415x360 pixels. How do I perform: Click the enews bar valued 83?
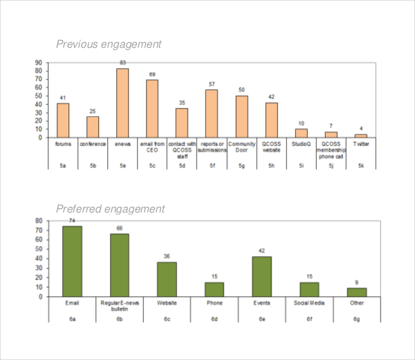[x=122, y=102]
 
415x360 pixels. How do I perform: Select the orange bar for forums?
[x=63, y=120]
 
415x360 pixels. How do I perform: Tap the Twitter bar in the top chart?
[x=361, y=136]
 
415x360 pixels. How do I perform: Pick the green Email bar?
[x=73, y=261]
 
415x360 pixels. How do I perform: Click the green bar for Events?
[x=261, y=276]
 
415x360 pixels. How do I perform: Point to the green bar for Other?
[x=356, y=292]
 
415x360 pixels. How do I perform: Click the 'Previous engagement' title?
[x=108, y=44]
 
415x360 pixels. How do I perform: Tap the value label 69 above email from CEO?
[x=152, y=75]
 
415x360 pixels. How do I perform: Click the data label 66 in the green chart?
[x=120, y=228]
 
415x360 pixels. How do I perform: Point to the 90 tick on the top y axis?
[x=39, y=62]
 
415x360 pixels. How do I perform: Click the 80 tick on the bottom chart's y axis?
[x=39, y=221]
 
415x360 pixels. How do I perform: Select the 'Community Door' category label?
[x=242, y=147]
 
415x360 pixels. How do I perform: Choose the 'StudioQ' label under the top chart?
[x=302, y=144]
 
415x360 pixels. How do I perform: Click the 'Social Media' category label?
[x=309, y=303]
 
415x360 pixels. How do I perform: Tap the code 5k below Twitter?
[x=361, y=165]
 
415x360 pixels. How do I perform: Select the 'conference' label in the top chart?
[x=93, y=144]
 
